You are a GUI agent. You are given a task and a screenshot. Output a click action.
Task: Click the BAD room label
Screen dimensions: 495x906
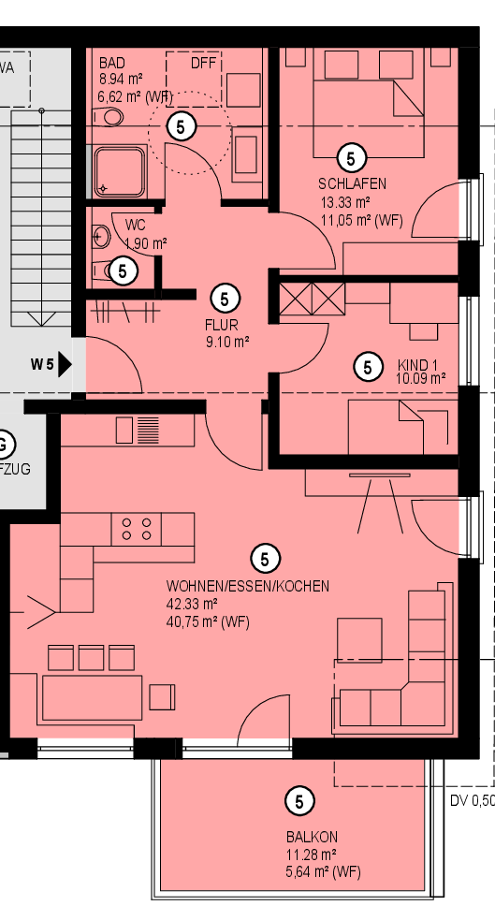[x=112, y=63]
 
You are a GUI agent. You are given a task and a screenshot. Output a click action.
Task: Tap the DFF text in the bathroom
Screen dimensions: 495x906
[x=203, y=63]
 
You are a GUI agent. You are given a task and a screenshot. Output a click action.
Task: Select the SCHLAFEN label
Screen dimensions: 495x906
[x=353, y=184]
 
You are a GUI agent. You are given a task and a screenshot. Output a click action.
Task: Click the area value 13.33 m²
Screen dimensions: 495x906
[x=345, y=202]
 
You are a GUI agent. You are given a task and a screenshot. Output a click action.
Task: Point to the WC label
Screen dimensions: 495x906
[x=135, y=225]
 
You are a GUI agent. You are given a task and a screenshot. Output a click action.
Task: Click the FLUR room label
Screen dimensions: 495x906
[x=221, y=326]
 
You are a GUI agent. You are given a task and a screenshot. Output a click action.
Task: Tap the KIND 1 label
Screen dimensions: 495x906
[x=417, y=365]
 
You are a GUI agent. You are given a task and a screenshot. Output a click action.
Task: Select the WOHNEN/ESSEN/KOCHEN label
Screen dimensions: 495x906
[x=248, y=586]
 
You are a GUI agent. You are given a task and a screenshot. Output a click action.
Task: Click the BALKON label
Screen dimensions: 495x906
[x=312, y=837]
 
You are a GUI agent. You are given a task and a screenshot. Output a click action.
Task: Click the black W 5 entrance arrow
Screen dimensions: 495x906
[x=65, y=365]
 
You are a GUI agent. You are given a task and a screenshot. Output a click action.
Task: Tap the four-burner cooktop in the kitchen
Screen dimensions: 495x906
[x=137, y=529]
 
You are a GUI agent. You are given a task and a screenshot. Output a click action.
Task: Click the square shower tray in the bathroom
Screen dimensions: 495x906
[x=120, y=171]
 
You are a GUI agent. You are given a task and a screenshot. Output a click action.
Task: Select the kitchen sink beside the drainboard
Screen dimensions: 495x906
[x=124, y=431]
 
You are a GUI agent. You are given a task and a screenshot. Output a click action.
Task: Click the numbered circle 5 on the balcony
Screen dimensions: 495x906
[x=299, y=801]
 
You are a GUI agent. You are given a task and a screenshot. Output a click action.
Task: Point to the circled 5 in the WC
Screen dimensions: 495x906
[x=123, y=270]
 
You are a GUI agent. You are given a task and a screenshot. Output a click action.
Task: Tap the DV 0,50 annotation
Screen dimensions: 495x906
[x=473, y=801]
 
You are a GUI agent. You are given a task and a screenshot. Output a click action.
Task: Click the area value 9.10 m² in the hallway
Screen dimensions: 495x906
[x=227, y=342]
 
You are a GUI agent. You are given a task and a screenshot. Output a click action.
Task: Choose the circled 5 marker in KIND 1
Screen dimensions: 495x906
[x=368, y=366]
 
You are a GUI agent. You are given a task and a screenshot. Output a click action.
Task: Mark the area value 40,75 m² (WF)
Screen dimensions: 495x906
[x=208, y=622]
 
